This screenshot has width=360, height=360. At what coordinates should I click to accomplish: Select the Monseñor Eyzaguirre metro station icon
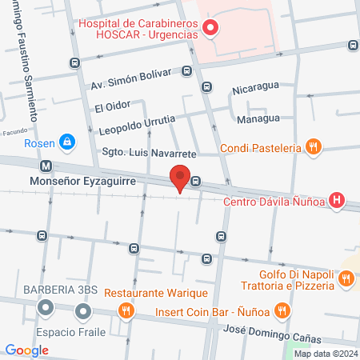coord(46,166)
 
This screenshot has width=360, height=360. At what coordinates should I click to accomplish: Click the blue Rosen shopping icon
coord(68,142)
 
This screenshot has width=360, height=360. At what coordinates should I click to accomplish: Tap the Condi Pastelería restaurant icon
coord(314,147)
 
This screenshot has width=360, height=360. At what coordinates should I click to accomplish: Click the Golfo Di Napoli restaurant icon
coord(346,278)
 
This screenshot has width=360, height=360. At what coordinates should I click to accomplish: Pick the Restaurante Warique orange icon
coord(125,310)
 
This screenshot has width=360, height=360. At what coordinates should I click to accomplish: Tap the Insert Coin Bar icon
coord(282,310)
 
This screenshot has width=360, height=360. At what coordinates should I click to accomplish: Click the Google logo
coord(27,350)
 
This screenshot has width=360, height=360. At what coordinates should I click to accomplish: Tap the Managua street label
coord(258,118)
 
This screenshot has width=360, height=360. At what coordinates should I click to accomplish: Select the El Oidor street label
coord(112,106)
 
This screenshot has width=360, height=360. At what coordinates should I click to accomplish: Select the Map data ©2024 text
coord(326,354)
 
